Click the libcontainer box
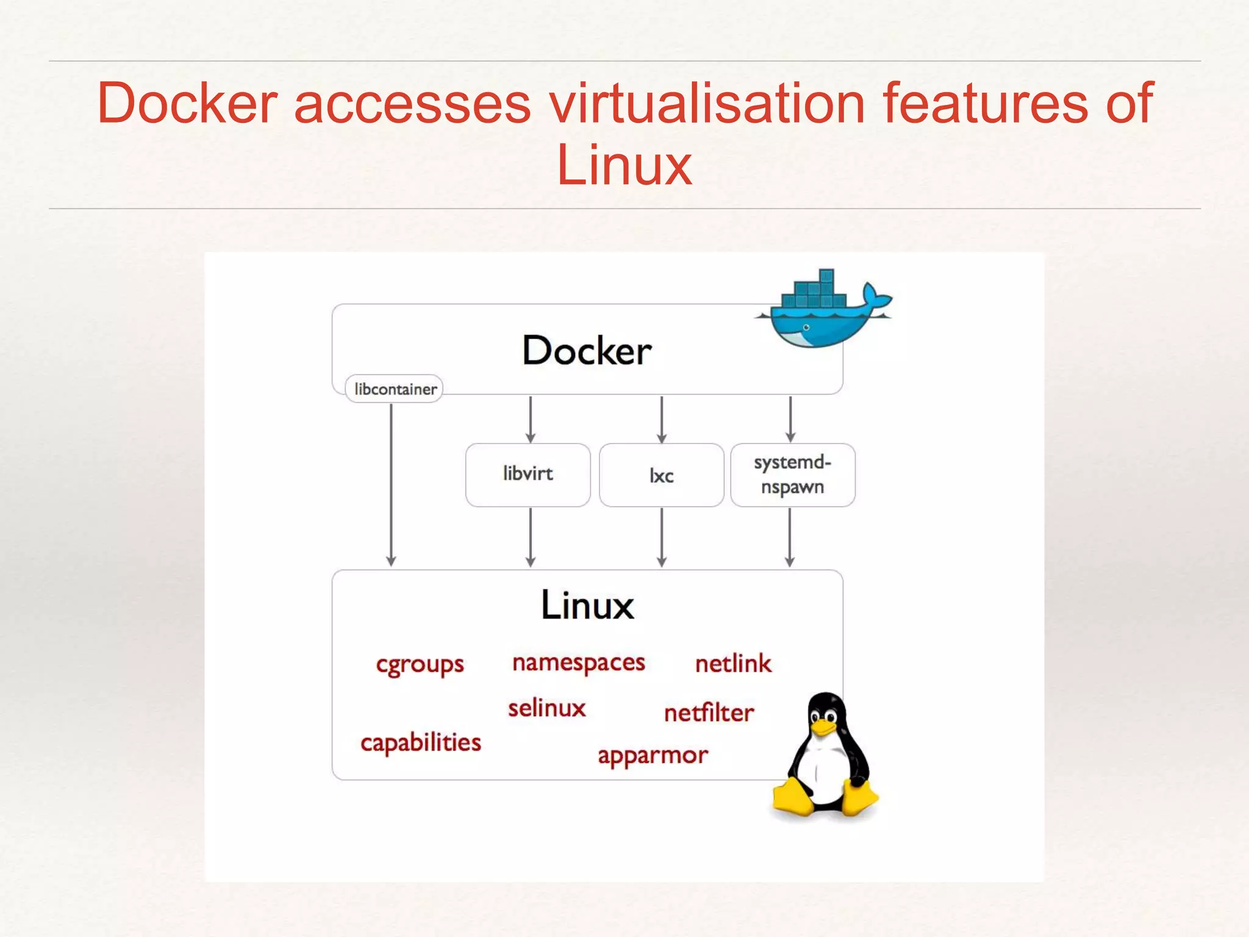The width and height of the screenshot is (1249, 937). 394,389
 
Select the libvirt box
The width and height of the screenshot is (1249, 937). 528,475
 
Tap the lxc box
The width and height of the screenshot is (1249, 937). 661,475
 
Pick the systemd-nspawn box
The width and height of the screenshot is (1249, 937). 792,475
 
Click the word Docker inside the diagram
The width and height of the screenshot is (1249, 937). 587,351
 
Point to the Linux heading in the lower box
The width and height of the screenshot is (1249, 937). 587,605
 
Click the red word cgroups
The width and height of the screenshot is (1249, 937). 420,664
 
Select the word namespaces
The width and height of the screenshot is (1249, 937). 578,663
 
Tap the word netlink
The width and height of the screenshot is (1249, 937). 733,664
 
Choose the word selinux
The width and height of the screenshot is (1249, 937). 546,708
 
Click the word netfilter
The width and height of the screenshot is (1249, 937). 709,713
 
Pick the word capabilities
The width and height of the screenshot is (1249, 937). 420,743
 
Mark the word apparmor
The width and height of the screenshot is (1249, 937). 653,756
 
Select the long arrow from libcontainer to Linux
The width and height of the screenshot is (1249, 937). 391,482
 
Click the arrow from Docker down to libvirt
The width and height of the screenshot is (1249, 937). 531,419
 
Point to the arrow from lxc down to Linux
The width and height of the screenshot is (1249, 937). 662,537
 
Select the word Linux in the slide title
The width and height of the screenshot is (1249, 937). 624,165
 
